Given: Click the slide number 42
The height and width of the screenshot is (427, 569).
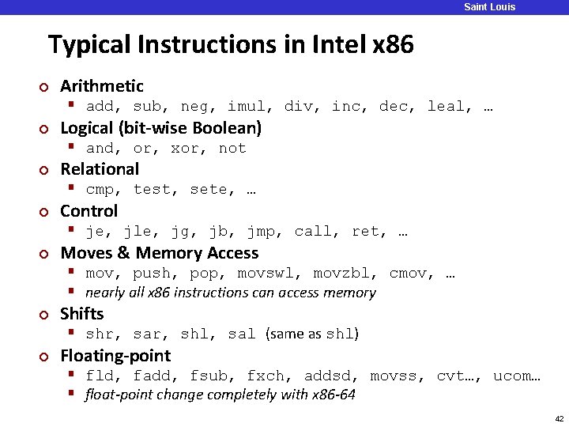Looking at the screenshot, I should pyautogui.click(x=558, y=418).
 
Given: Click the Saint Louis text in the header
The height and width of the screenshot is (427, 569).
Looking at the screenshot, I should pyautogui.click(x=489, y=7).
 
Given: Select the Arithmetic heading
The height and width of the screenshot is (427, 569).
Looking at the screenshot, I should pyautogui.click(x=102, y=86).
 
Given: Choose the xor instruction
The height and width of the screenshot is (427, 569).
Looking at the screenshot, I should pyautogui.click(x=185, y=149).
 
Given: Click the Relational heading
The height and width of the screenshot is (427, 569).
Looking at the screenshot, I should pyautogui.click(x=100, y=169).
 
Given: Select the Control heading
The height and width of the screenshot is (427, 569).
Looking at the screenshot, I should pyautogui.click(x=89, y=211).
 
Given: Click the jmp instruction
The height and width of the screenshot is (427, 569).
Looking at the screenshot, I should pyautogui.click(x=262, y=232).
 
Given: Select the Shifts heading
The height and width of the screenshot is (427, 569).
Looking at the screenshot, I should pyautogui.click(x=82, y=314).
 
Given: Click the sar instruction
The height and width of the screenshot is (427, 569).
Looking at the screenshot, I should pyautogui.click(x=148, y=334).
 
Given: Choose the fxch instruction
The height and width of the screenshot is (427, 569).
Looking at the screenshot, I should pyautogui.click(x=266, y=376).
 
